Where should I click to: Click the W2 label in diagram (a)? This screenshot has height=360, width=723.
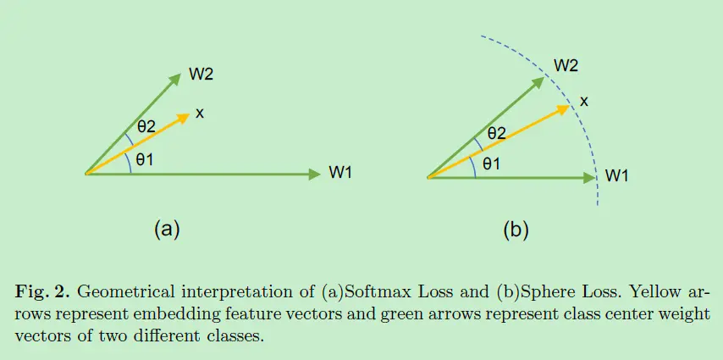point(201,74)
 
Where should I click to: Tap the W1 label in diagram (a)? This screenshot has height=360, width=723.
point(340,174)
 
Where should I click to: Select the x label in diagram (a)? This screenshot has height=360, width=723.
point(199,113)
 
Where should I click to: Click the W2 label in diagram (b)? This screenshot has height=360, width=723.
point(566,65)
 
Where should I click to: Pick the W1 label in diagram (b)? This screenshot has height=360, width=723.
point(616,176)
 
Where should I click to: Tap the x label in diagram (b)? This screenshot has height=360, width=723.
point(583,101)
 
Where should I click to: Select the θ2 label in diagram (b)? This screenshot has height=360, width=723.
point(495,133)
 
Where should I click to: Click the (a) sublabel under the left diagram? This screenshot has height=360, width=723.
point(167,228)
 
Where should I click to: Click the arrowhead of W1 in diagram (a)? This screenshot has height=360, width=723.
point(315,174)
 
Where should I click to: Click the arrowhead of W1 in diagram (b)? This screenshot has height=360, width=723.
point(590,177)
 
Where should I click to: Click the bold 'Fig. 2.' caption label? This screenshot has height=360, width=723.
point(44,293)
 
